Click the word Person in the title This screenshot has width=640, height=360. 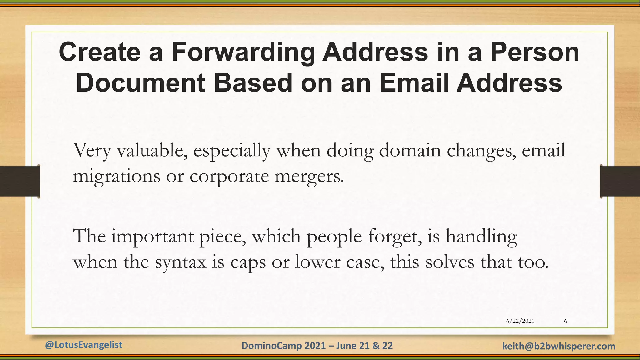click(x=535, y=52)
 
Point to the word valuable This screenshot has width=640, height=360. click(x=152, y=150)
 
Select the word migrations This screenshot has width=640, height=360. click(x=116, y=177)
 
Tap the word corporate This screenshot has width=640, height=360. click(x=229, y=177)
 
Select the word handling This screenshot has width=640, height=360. click(x=481, y=237)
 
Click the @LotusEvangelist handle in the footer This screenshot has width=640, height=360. click(x=83, y=345)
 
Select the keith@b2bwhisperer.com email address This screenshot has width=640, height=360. click(x=559, y=346)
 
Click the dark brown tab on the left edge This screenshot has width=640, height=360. click(x=20, y=181)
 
